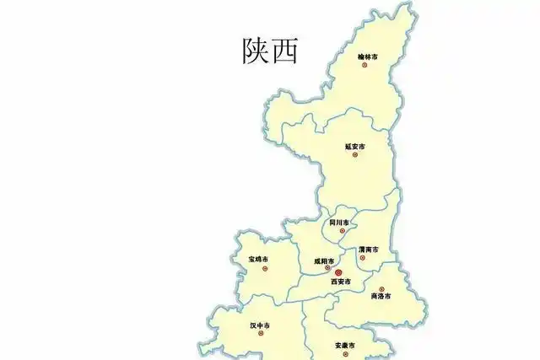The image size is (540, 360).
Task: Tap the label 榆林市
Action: pyautogui.click(x=367, y=56)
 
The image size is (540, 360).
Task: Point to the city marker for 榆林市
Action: pyautogui.click(x=364, y=66)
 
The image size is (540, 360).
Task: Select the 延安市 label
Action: pyautogui.click(x=355, y=147)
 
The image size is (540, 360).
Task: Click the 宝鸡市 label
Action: pyautogui.click(x=259, y=259)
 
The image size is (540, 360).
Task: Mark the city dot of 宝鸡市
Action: pyautogui.click(x=265, y=269)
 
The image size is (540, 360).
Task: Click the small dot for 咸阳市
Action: pyautogui.click(x=327, y=268)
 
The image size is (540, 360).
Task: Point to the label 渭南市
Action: pyautogui.click(x=368, y=250)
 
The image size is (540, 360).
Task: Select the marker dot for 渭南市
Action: pyautogui.click(x=363, y=258)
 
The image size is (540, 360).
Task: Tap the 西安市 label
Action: pyautogui.click(x=340, y=282)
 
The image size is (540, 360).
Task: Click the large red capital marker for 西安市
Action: pyautogui.click(x=338, y=273)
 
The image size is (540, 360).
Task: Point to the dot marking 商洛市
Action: pyautogui.click(x=381, y=289)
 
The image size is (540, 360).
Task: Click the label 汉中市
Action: pyautogui.click(x=260, y=325)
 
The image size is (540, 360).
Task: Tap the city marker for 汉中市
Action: pyautogui.click(x=261, y=333)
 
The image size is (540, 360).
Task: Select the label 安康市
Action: pyautogui.click(x=344, y=346)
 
